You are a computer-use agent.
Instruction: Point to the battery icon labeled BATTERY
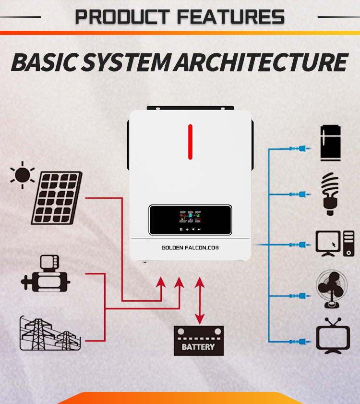coord(198,341)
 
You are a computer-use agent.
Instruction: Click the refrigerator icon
coord(330,143)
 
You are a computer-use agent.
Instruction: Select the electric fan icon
coord(331,290)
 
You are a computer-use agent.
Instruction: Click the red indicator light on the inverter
coord(190,142)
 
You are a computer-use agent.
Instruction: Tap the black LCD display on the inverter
coord(191,220)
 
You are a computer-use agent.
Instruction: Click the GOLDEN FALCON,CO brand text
coord(190,247)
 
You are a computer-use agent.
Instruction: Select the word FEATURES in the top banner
coord(230,17)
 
